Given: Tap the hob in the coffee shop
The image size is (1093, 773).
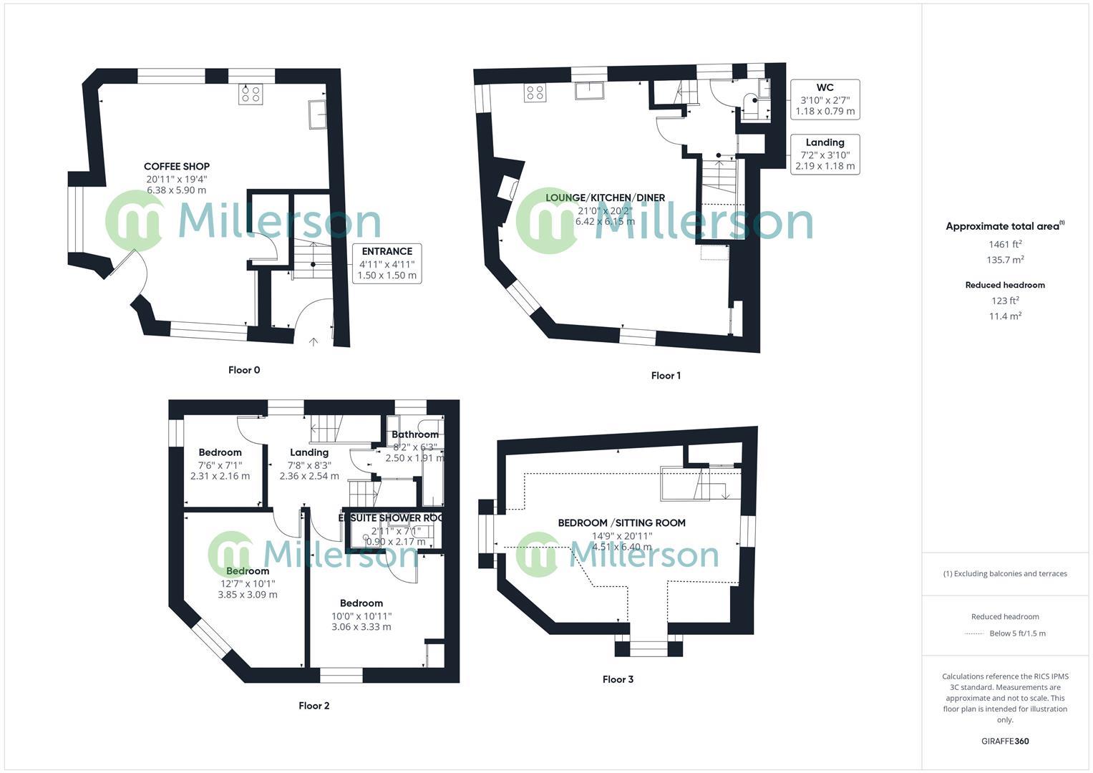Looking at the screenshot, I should coord(251,94).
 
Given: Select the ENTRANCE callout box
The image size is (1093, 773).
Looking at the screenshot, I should coord(387,263).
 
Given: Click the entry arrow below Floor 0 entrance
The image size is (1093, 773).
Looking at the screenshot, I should coord(313,342).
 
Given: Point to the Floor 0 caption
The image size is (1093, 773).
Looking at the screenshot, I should coord(244,370).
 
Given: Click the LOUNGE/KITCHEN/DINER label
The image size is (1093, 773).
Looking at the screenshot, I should coord(605,198).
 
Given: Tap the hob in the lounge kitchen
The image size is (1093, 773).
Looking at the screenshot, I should coord(535,92).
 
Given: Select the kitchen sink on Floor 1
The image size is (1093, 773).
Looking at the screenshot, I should coord(590,90).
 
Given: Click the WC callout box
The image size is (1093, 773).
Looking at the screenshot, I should coord(825,99).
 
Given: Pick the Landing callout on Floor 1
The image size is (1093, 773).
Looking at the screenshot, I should coord(825,154).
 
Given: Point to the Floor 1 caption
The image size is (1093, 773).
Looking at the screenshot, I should coord(666,376).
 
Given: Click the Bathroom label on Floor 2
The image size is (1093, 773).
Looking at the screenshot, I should coord(415,434).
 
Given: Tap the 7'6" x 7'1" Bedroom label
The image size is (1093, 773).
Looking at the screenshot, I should coord(220,452).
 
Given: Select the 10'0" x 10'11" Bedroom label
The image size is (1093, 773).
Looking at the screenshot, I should coord(361,603).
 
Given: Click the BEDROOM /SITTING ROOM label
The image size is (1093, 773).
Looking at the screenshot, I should coord(621,523).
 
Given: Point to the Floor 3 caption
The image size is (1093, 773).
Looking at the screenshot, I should coord(618,679).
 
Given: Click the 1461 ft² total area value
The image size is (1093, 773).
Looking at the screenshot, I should coord(1005,244).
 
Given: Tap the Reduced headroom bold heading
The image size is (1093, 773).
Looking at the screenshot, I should coord(1005,285).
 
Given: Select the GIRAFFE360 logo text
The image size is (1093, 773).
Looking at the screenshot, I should coord(1005,742).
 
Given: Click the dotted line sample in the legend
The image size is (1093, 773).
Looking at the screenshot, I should coord(974,633).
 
